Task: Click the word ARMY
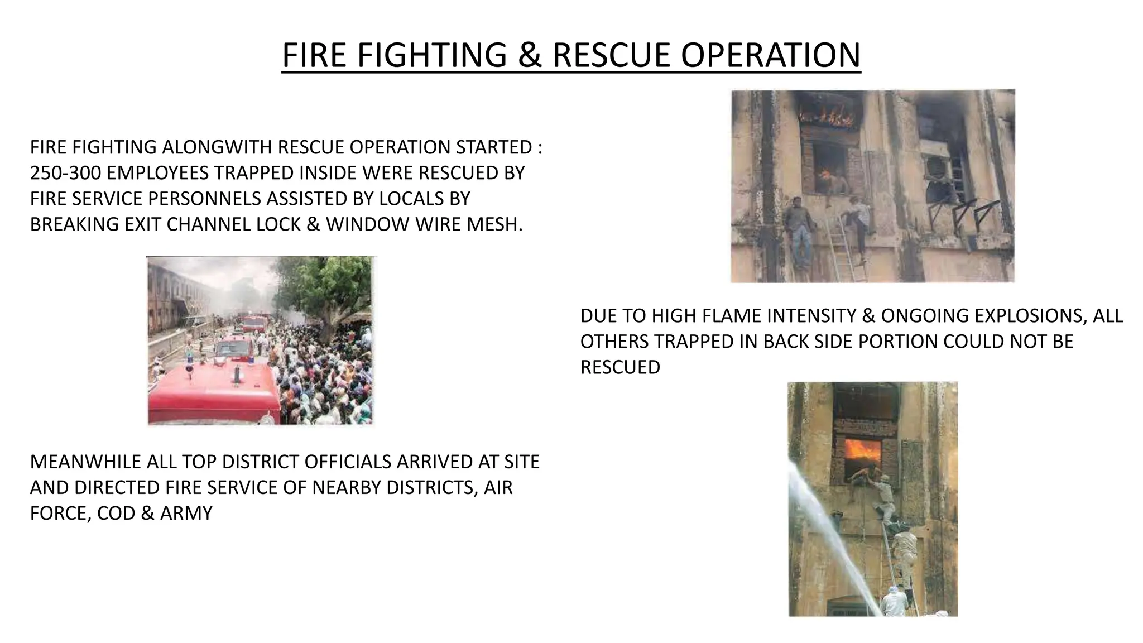(x=186, y=514)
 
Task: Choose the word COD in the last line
(x=117, y=514)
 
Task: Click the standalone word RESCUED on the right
(x=620, y=367)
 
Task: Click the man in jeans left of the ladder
(x=799, y=232)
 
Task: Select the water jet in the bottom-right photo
(x=832, y=536)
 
